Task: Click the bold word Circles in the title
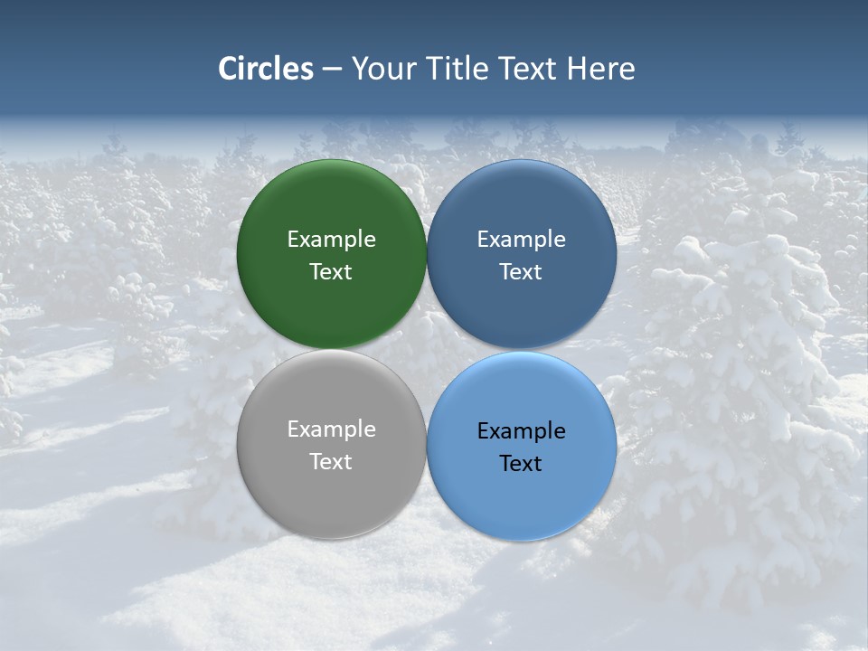[x=266, y=69]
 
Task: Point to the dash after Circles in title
[x=332, y=70]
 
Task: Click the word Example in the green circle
[x=331, y=240]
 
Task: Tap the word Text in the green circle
[x=331, y=272]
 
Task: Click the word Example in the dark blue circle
[x=522, y=240]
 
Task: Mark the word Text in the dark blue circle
[x=522, y=272]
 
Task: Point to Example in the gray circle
[x=331, y=429]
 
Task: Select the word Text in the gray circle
[x=331, y=462]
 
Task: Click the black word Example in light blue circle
[x=522, y=431]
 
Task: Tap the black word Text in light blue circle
[x=522, y=464]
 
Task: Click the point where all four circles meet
[x=427, y=350]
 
